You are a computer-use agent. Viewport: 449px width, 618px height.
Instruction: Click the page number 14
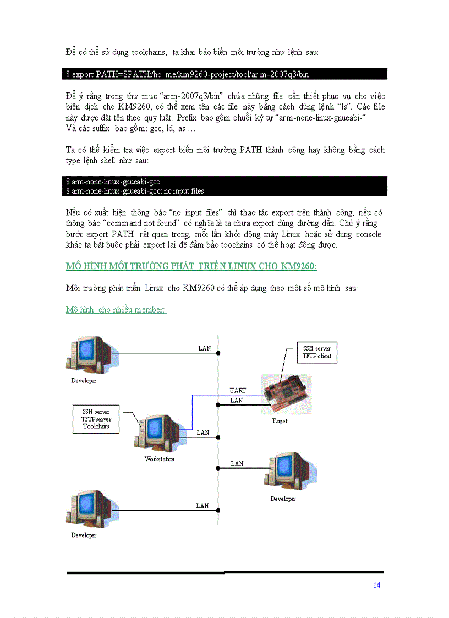click(x=376, y=585)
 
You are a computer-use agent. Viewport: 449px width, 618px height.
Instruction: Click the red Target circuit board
click(x=287, y=394)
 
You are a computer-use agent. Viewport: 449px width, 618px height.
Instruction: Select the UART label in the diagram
click(x=238, y=390)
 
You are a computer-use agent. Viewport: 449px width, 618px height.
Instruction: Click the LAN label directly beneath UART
click(x=237, y=401)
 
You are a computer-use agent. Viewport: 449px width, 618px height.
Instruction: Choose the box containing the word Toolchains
click(x=96, y=419)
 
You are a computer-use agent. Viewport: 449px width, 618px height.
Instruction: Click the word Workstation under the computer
click(x=160, y=459)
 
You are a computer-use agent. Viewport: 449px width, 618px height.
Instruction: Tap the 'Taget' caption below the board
click(x=280, y=421)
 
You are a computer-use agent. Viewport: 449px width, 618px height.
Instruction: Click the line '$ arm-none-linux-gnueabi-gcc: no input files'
click(x=135, y=191)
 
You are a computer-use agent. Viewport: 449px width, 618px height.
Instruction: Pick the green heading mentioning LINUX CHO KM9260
click(x=191, y=266)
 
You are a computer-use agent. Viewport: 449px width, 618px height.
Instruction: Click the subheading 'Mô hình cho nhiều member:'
click(x=116, y=310)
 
